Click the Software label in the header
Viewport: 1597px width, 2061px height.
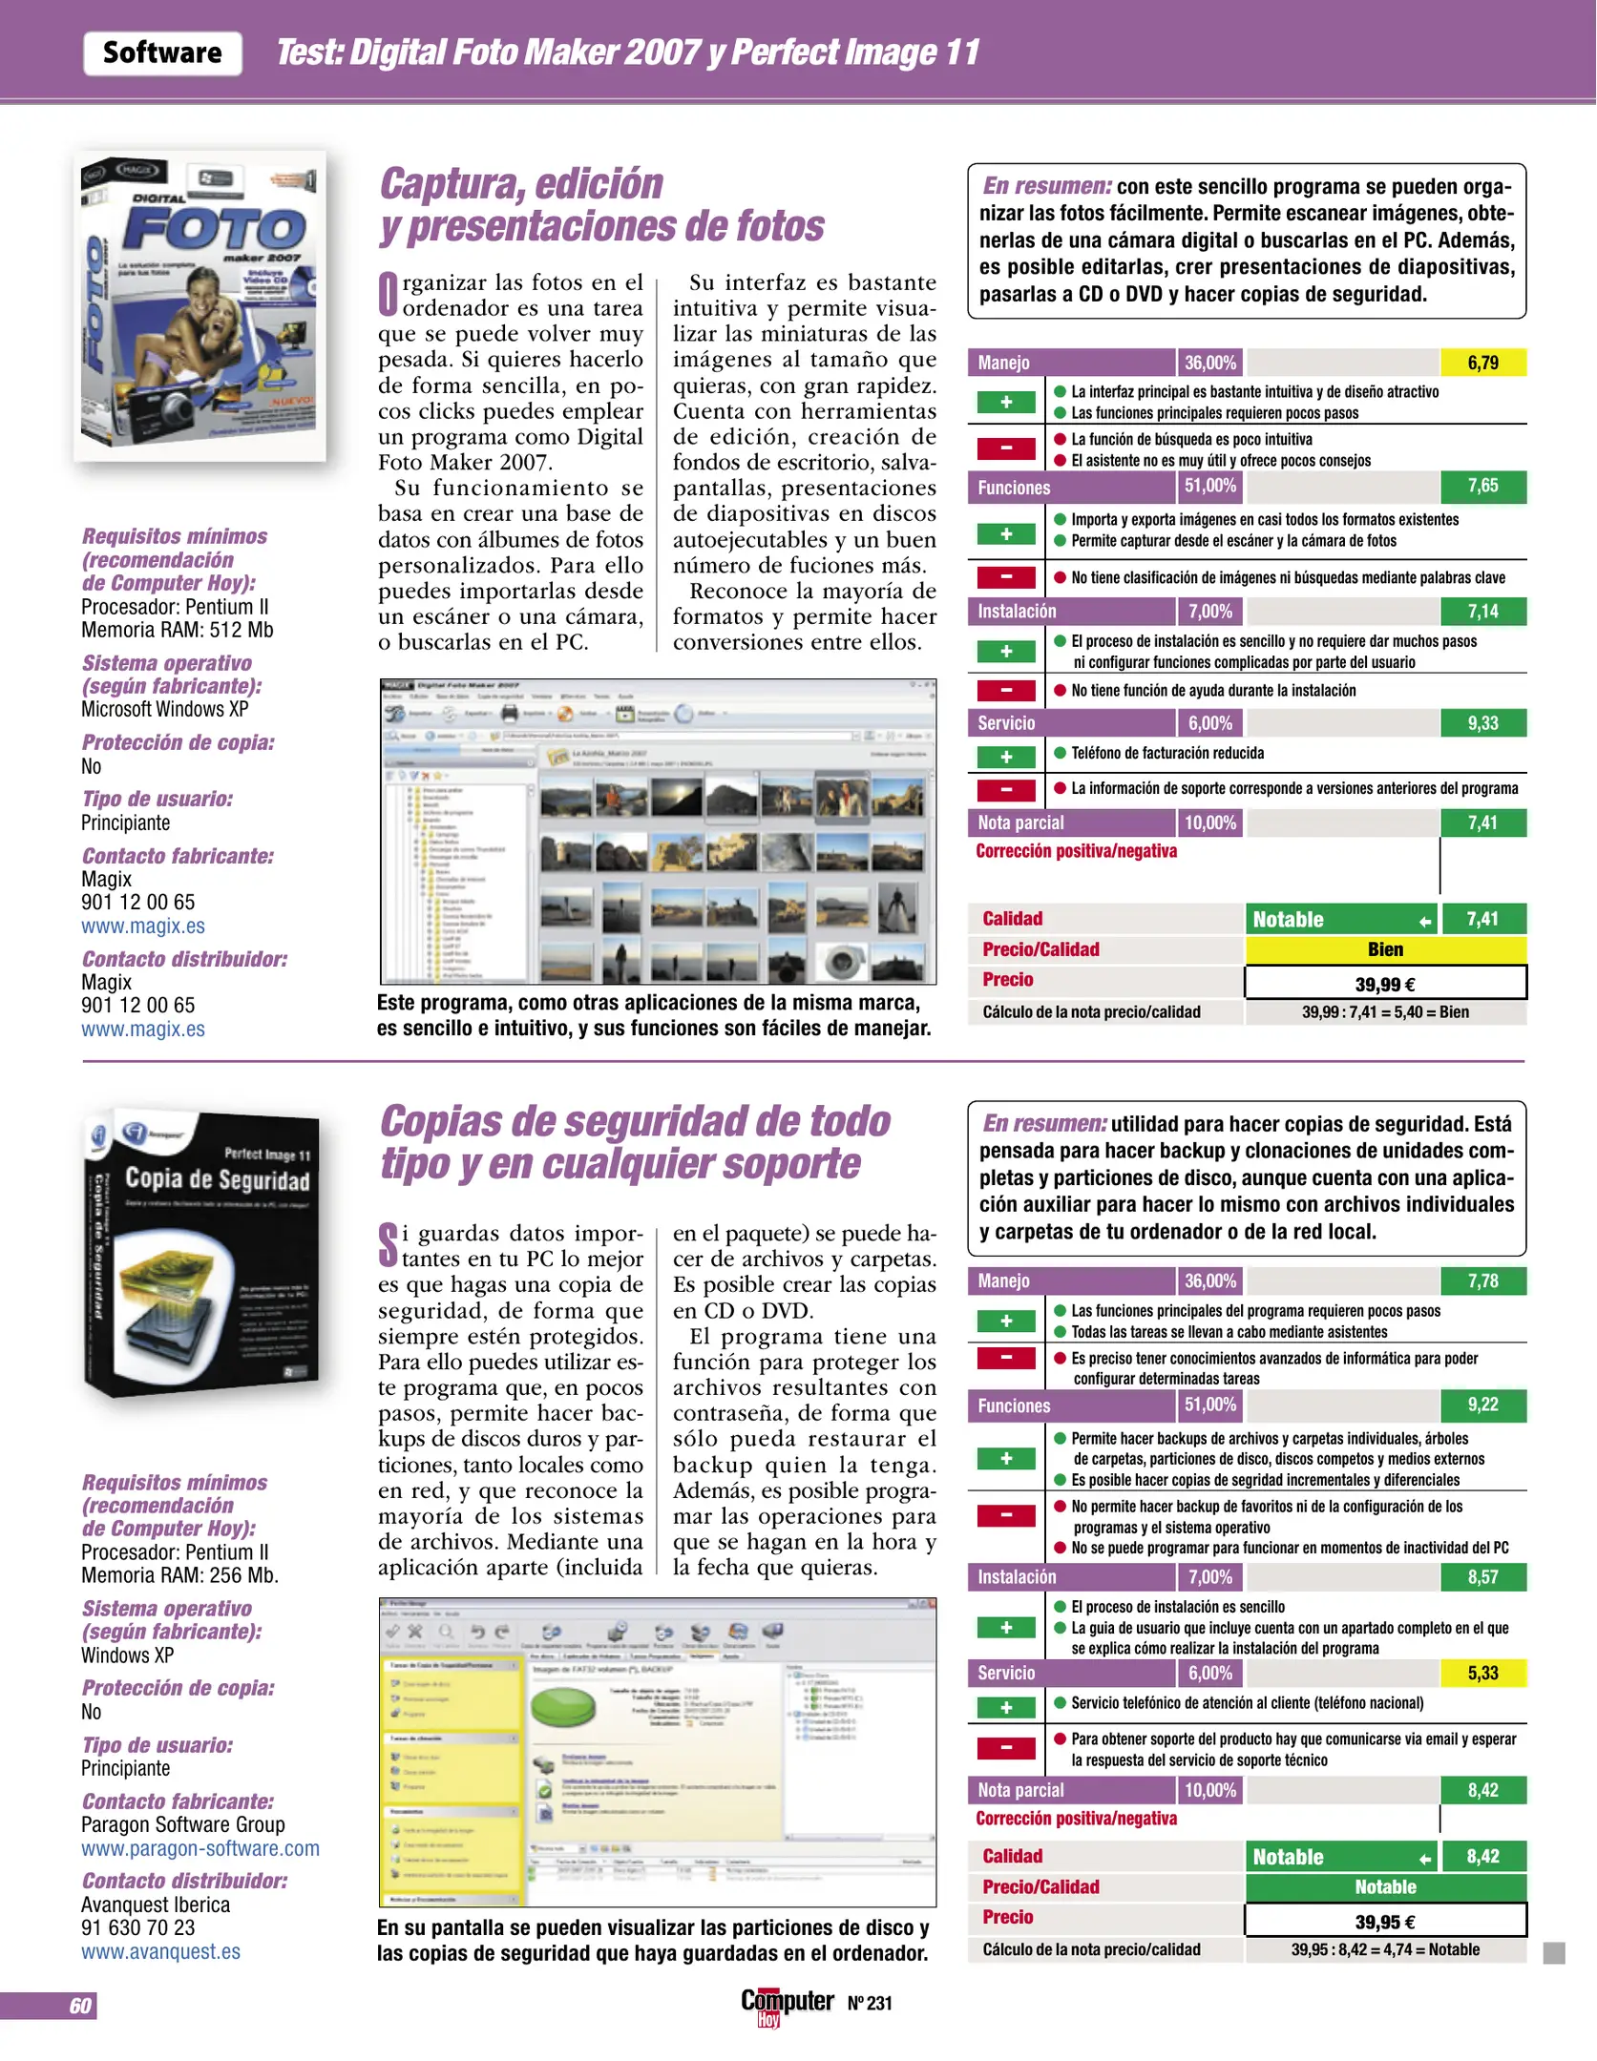click(x=162, y=53)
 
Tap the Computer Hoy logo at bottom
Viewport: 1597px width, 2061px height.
click(x=786, y=2004)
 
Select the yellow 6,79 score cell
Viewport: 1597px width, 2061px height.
click(x=1482, y=363)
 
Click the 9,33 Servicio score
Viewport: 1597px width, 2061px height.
click(x=1482, y=723)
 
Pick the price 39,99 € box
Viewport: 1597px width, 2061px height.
click(x=1385, y=984)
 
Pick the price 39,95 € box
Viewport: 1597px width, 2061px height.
click(x=1385, y=1922)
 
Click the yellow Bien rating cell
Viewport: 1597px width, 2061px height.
click(x=1385, y=949)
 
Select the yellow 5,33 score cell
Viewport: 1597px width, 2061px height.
click(x=1482, y=1673)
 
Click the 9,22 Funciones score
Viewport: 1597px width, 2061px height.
click(x=1482, y=1405)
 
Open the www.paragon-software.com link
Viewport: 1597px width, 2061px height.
click(x=200, y=1848)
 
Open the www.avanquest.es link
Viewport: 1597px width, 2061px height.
click(x=160, y=1951)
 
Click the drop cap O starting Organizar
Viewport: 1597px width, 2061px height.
click(x=389, y=294)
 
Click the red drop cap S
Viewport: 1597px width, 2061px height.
click(x=388, y=1244)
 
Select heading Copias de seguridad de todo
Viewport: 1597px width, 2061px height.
click(x=635, y=1122)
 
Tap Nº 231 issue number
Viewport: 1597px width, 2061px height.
click(x=870, y=2004)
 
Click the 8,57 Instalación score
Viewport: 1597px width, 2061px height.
click(x=1482, y=1577)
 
